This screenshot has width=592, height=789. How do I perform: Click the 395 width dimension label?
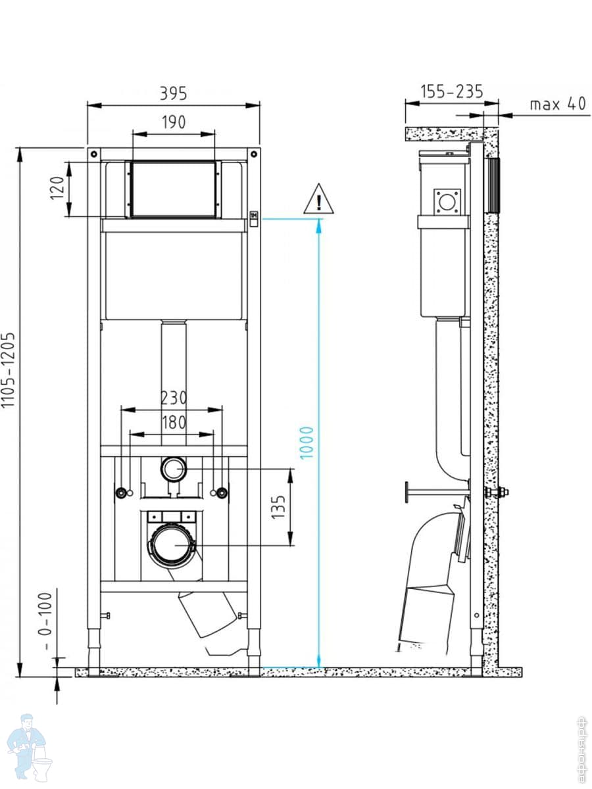pos(174,93)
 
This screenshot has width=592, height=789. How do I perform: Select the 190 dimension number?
pos(174,122)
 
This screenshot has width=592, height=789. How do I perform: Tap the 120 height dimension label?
pos(57,188)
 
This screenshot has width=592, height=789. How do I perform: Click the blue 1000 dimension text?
pos(307,443)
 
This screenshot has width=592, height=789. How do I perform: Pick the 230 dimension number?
pos(174,398)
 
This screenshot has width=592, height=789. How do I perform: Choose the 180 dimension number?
pos(174,423)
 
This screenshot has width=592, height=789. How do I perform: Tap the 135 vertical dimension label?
pos(278,507)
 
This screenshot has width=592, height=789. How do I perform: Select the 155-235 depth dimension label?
pos(452,91)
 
